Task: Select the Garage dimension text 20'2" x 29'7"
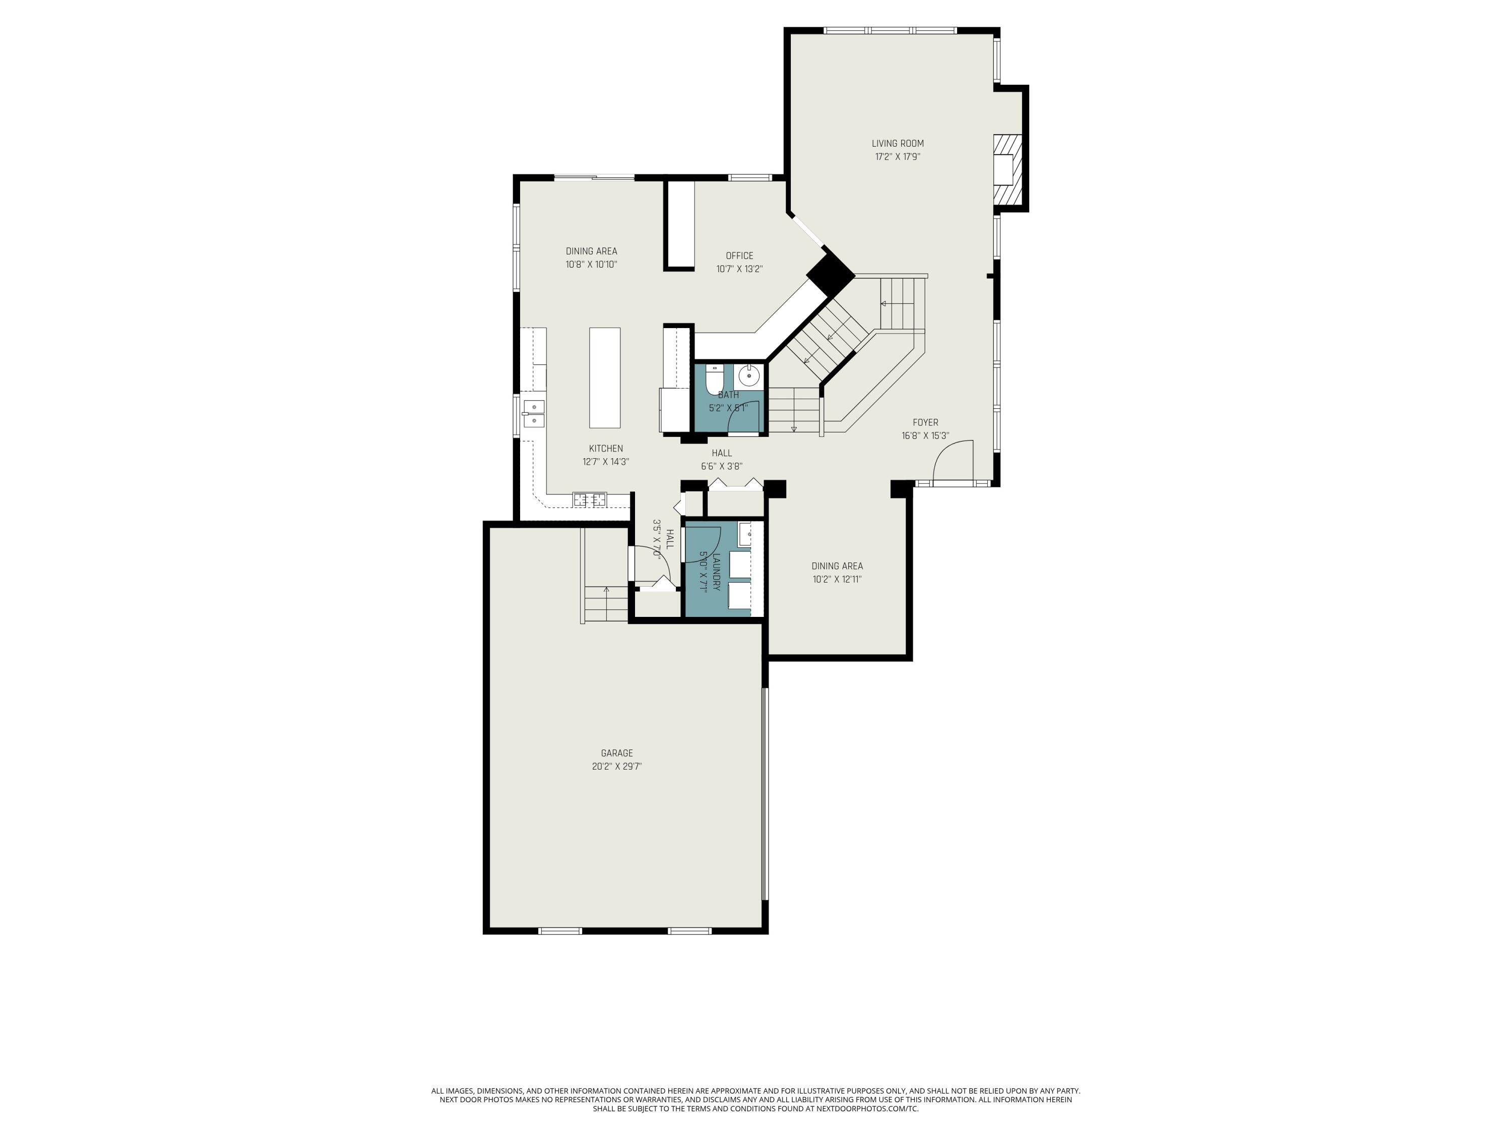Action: click(616, 766)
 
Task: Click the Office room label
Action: click(739, 256)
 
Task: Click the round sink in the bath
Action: click(749, 376)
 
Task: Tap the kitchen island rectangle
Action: click(604, 377)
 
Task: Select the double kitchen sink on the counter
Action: click(533, 414)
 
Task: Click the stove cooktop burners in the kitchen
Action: click(589, 499)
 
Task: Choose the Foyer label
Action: click(925, 422)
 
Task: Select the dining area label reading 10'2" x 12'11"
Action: click(837, 579)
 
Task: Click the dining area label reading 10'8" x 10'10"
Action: click(591, 265)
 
